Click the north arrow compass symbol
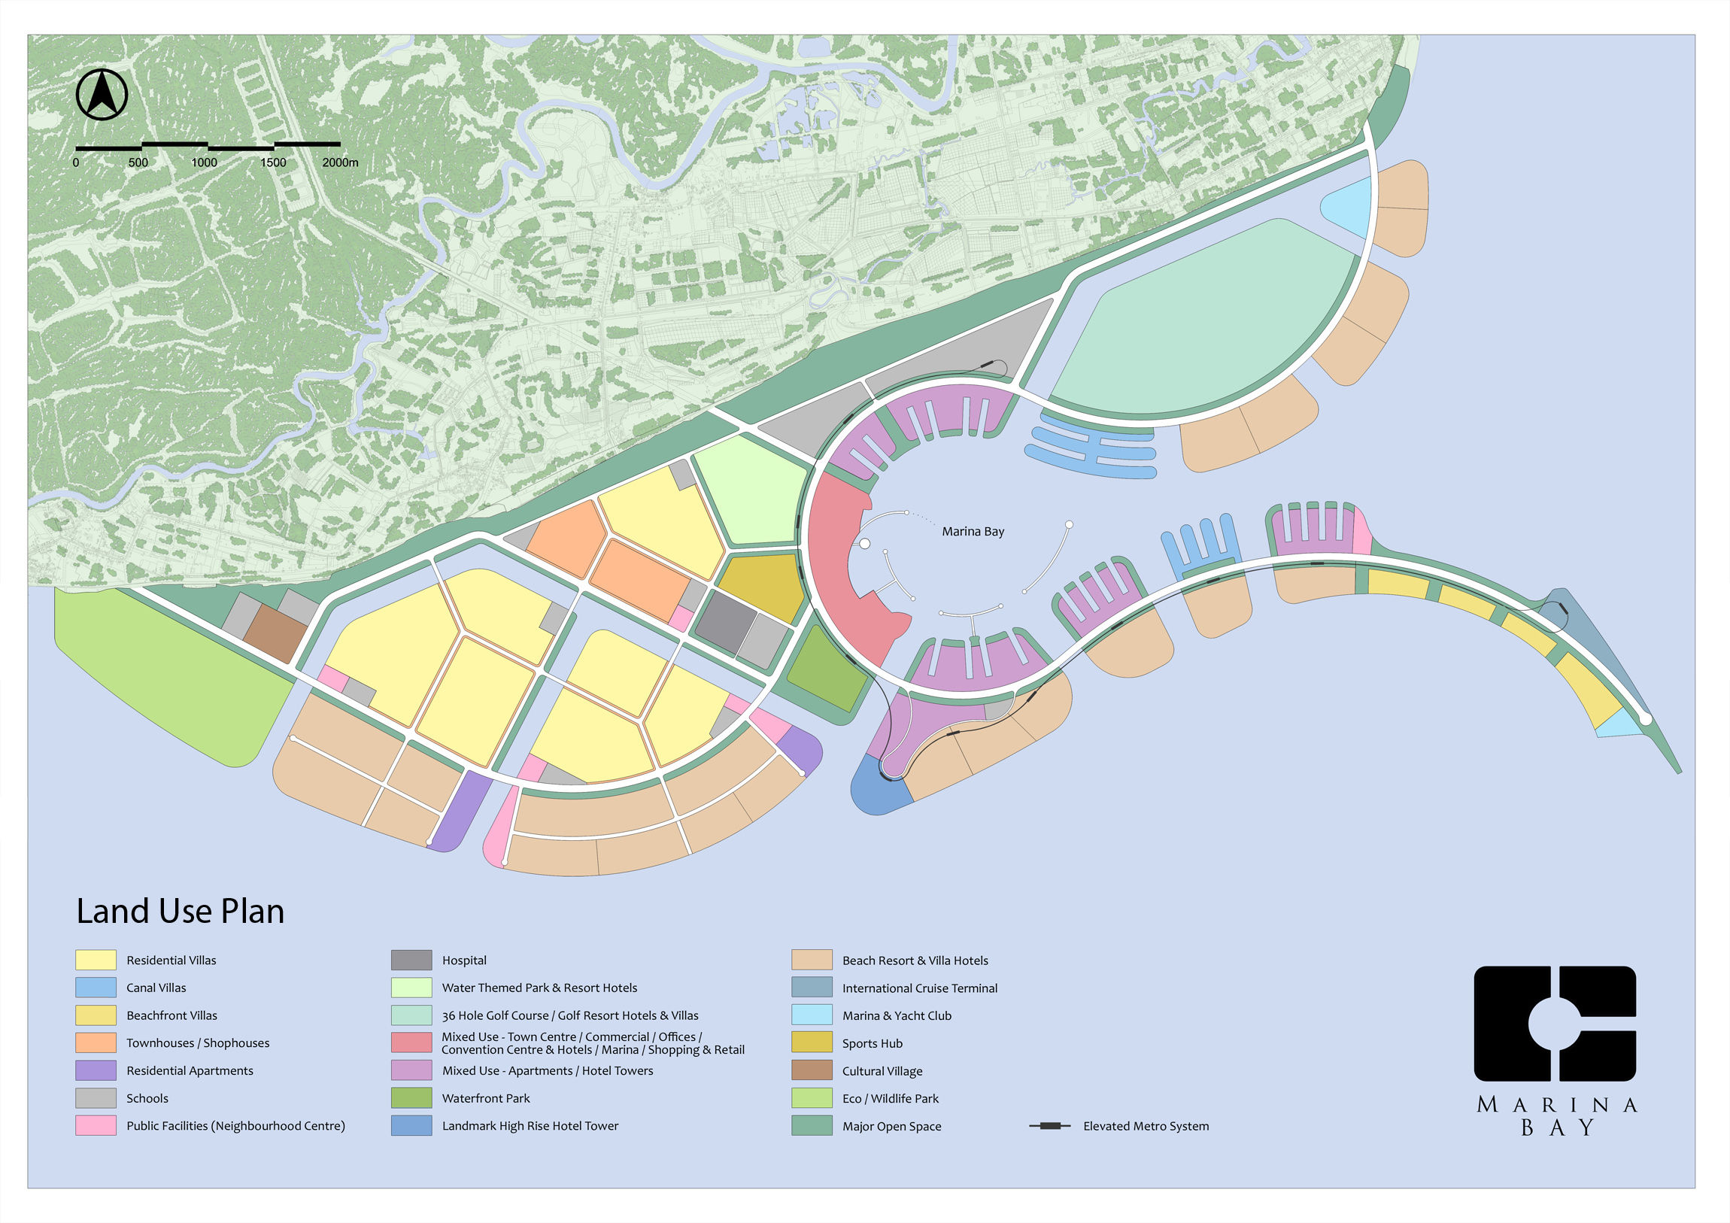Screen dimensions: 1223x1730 pos(102,94)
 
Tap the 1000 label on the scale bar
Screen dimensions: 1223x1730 pos(203,162)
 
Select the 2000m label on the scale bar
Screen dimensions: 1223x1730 pos(340,162)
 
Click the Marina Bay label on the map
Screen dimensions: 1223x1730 pos(973,531)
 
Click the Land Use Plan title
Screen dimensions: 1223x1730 pos(180,911)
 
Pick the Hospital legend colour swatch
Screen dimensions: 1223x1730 pos(411,960)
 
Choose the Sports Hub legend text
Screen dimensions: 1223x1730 pos(872,1044)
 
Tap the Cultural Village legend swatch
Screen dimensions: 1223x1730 pos(812,1071)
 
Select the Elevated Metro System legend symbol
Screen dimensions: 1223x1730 pos(1049,1126)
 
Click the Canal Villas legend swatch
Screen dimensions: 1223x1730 pos(96,987)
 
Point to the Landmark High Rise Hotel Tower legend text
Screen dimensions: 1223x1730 pos(530,1126)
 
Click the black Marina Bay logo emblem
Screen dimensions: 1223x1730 pos(1555,1024)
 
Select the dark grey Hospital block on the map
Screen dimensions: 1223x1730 pos(725,622)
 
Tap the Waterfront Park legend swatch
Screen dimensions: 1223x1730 pos(411,1098)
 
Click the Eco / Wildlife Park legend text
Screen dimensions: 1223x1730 pos(890,1099)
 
